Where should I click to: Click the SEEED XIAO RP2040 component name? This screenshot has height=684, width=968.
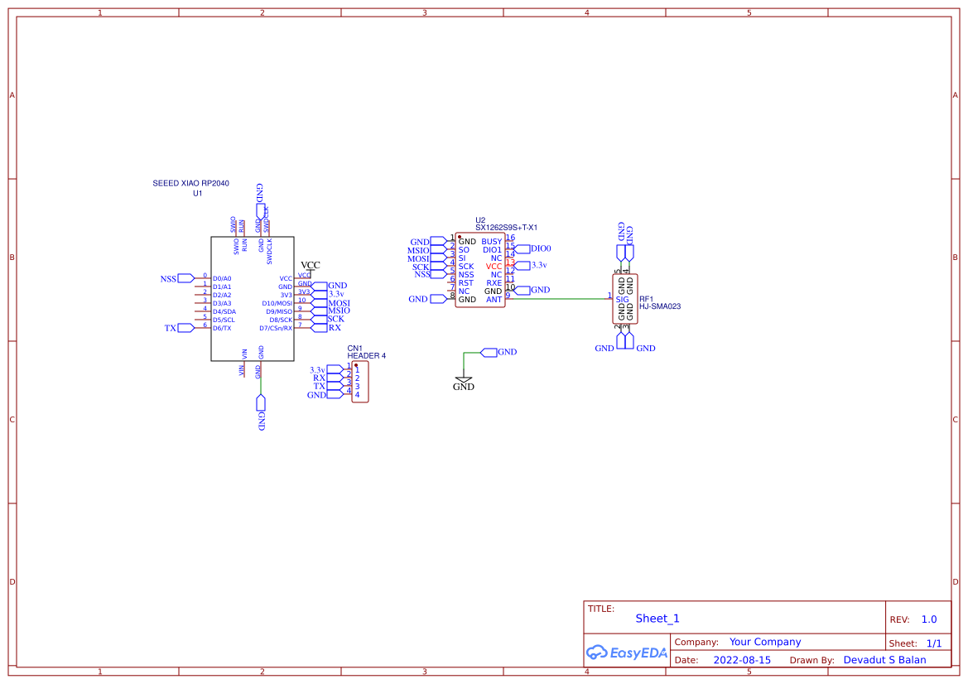click(x=190, y=183)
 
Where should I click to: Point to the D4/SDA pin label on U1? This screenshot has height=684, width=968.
click(x=224, y=311)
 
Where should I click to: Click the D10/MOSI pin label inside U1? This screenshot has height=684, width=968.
click(x=277, y=303)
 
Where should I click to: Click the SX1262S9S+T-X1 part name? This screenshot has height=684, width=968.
click(x=506, y=228)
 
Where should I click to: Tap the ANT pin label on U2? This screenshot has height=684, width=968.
click(x=494, y=300)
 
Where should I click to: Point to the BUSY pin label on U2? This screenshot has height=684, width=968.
click(x=492, y=242)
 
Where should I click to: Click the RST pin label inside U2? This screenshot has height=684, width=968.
click(x=465, y=283)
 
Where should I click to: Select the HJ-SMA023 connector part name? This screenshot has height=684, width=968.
click(x=660, y=306)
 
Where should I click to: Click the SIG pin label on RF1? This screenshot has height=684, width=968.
click(x=622, y=299)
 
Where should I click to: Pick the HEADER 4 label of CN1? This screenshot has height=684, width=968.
click(x=366, y=356)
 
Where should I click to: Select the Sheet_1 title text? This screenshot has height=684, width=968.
click(x=657, y=619)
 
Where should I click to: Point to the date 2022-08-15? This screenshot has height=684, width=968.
click(x=742, y=660)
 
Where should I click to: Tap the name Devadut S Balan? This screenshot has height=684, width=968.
click(x=884, y=660)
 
